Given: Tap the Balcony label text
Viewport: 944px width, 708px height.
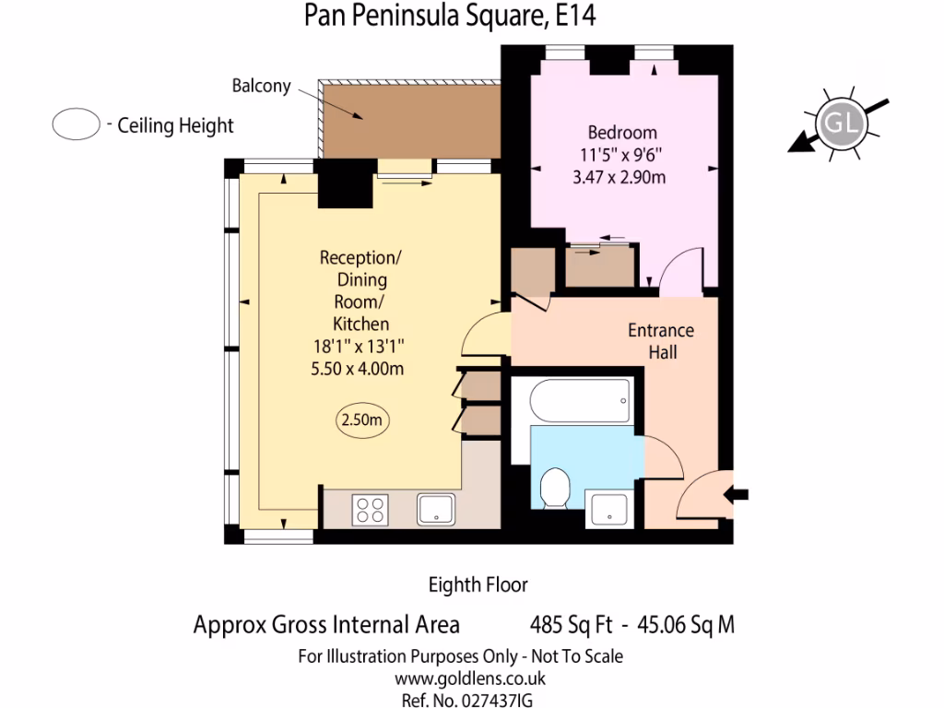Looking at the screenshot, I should tap(261, 87).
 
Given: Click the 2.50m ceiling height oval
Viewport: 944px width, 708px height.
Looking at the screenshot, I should tap(361, 419).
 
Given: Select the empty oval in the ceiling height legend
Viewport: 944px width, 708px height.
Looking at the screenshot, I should tap(76, 125).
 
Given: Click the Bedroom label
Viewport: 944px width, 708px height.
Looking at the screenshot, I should tap(622, 132).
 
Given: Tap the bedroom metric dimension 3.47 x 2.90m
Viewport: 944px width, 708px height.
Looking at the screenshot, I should tap(619, 177).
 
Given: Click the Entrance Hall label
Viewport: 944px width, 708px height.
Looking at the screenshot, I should tap(660, 340).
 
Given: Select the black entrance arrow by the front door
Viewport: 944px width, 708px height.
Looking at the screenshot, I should tap(737, 495).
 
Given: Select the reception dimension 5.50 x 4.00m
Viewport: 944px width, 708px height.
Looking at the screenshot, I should tap(360, 369).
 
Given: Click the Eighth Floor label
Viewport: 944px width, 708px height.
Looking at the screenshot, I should tap(478, 584).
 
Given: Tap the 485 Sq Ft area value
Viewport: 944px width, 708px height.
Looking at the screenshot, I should tap(572, 625).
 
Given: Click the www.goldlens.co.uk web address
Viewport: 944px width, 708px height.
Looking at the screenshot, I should tap(460, 679).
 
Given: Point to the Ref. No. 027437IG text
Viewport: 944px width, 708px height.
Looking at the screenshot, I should tap(467, 701).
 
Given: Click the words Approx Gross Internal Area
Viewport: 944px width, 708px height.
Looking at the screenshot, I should tap(326, 625).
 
